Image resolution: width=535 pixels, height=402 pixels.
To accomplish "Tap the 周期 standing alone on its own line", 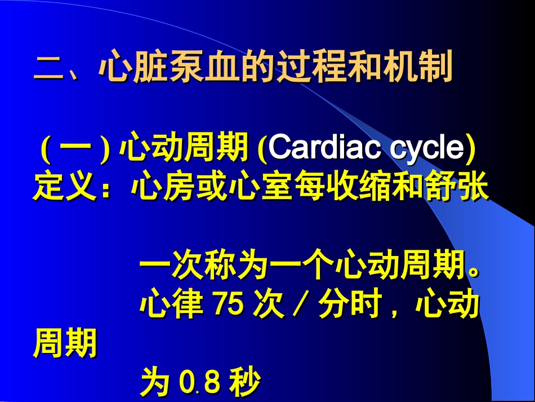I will (65, 344).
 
